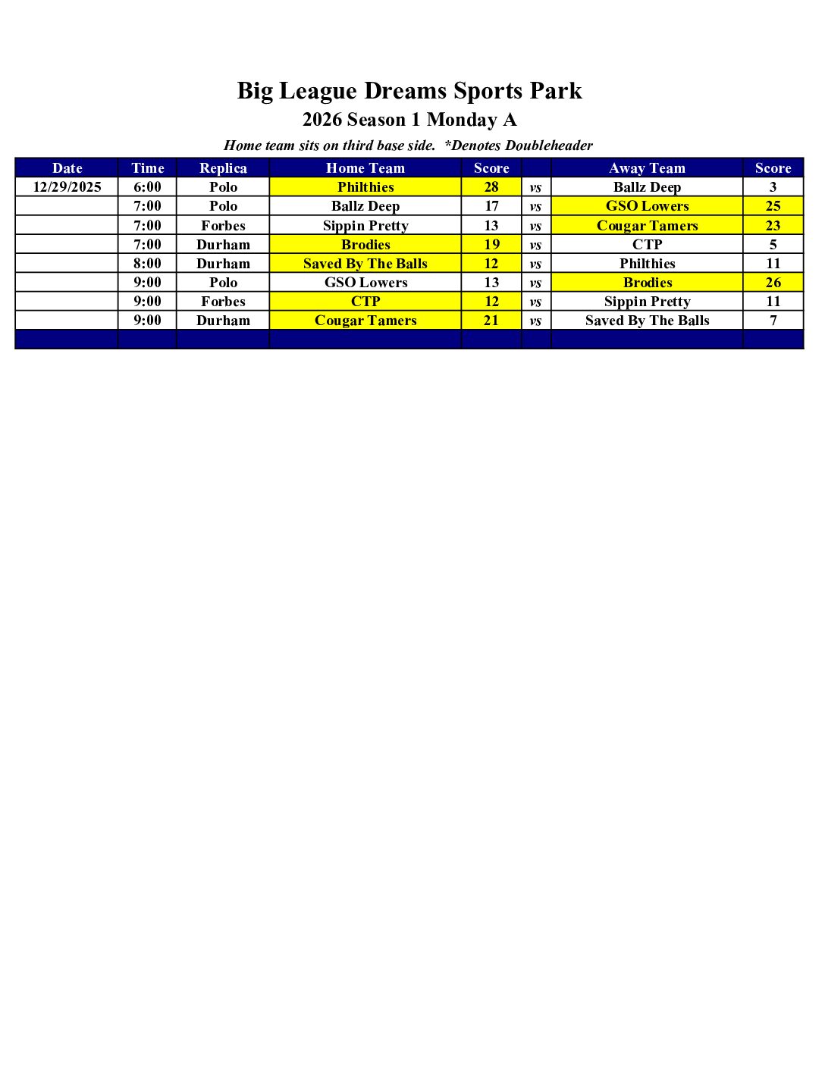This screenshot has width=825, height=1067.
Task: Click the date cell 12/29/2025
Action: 67,187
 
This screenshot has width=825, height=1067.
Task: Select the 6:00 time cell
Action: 147,187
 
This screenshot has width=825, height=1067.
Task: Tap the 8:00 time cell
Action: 147,264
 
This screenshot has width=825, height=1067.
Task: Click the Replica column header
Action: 223,168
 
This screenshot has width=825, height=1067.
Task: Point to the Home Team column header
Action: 365,168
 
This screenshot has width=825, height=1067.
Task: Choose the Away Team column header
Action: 647,168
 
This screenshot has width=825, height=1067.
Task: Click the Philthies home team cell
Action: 365,187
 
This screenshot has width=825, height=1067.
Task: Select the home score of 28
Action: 491,187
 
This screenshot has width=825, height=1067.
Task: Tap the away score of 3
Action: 773,187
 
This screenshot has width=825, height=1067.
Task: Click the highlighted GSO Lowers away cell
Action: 647,206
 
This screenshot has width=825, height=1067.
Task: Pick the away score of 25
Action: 773,206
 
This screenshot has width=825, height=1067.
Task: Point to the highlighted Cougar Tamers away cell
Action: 647,226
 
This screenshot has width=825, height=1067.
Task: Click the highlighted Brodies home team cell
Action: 365,245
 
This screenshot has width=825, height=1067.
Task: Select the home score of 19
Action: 491,245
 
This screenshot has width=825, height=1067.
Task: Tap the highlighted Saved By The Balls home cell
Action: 365,264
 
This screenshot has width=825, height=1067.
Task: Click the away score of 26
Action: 773,283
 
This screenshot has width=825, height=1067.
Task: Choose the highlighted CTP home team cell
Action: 365,302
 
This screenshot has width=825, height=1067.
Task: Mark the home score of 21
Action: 491,321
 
